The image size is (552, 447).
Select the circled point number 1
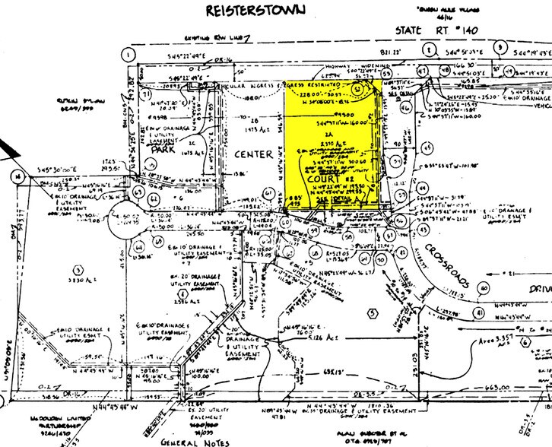click(x=129, y=55)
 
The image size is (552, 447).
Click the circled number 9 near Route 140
click(x=500, y=47)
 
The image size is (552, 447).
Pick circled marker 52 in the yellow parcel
click(x=357, y=89)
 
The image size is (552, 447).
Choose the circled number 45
click(x=427, y=147)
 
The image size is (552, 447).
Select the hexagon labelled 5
click(x=372, y=311)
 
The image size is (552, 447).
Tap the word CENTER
click(x=253, y=155)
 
